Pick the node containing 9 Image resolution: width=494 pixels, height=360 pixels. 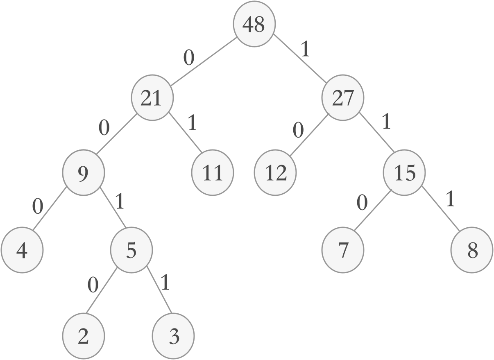click(x=83, y=173)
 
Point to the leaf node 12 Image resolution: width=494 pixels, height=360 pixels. click(x=275, y=173)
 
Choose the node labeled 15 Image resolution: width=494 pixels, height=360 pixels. click(x=405, y=173)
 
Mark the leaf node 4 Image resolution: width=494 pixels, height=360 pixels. click(x=22, y=250)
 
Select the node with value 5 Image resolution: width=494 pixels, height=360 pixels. click(x=131, y=250)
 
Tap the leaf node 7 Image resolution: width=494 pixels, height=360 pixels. click(x=343, y=250)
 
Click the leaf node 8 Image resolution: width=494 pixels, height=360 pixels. click(x=472, y=250)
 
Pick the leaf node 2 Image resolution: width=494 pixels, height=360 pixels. click(x=83, y=337)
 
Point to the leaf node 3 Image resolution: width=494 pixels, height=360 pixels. click(x=173, y=337)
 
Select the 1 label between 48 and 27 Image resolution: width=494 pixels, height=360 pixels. click(x=305, y=50)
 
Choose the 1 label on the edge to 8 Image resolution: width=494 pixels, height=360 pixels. click(x=450, y=199)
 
